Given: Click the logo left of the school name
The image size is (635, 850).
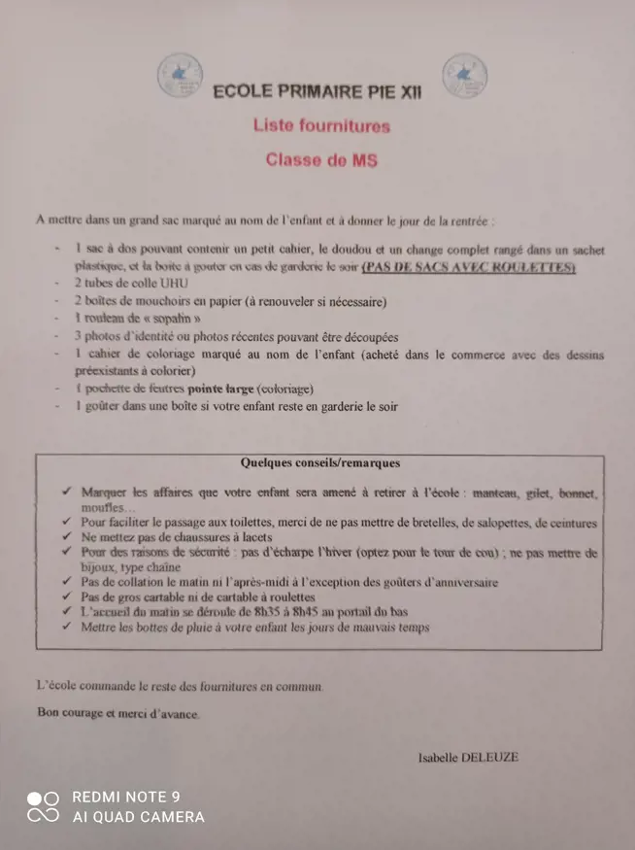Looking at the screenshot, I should (178, 75).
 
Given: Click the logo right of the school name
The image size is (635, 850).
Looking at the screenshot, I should (464, 75).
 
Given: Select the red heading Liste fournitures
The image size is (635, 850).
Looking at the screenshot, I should (321, 125).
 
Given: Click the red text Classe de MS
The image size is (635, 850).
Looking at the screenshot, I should (321, 160).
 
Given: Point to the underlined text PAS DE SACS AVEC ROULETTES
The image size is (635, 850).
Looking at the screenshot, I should (469, 266).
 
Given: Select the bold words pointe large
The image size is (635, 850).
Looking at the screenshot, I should (220, 389).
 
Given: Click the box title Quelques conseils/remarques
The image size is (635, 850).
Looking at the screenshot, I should (319, 463).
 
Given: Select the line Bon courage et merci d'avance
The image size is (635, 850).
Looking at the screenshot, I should (117, 713).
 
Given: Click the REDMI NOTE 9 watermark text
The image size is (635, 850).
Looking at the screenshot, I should (126, 798).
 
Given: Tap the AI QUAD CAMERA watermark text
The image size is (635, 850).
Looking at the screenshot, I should (138, 818).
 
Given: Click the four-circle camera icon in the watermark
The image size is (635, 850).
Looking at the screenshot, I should (43, 807).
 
